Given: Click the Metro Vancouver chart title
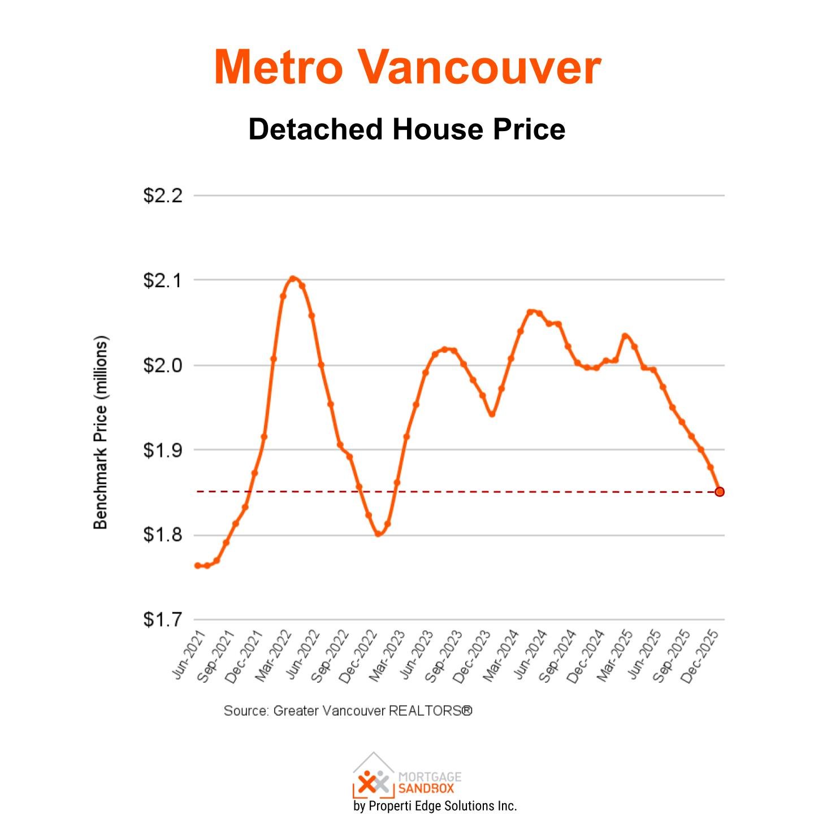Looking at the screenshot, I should click(x=407, y=67).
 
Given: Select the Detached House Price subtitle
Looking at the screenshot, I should click(x=407, y=129).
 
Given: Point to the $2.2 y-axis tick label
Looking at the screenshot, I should click(x=163, y=196).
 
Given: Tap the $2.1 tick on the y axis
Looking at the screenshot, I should click(x=163, y=280).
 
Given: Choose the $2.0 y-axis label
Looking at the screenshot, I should click(x=163, y=365).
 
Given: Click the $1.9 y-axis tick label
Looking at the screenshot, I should click(x=163, y=450).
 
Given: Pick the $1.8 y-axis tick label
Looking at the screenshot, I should click(x=163, y=535).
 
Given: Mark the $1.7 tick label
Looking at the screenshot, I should click(x=163, y=620).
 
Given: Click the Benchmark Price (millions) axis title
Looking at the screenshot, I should click(x=100, y=433).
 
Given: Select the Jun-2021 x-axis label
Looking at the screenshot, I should click(x=188, y=656).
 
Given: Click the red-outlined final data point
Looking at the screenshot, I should click(x=720, y=492).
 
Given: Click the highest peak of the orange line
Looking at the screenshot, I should click(x=292, y=278).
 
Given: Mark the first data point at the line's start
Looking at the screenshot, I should click(x=197, y=565).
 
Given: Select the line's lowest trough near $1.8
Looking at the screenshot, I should click(x=378, y=534).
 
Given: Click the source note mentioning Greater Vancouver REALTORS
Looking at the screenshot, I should click(x=348, y=711).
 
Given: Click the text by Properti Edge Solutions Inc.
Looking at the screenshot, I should click(x=435, y=806).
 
